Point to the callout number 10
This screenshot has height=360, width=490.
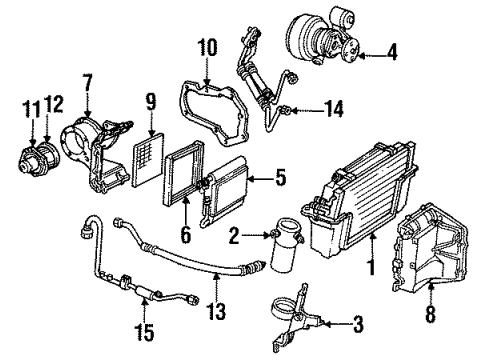click(207, 47)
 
